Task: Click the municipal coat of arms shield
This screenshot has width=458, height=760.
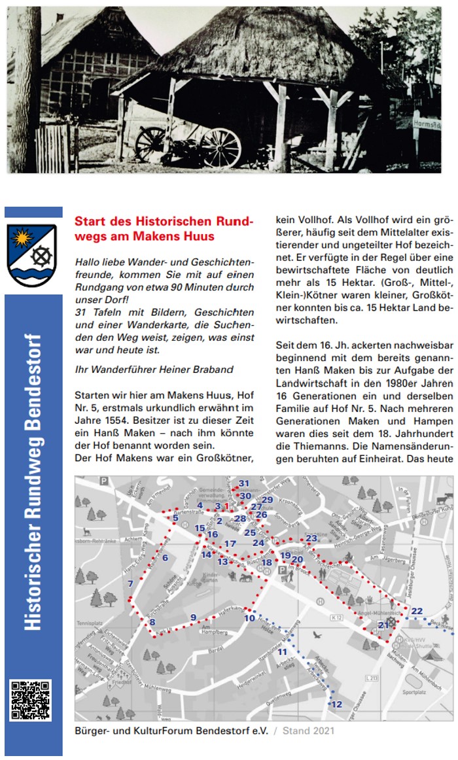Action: pyautogui.click(x=31, y=254)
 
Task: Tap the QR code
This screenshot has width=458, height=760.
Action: pyautogui.click(x=30, y=700)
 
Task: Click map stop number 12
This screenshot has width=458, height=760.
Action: pyautogui.click(x=336, y=704)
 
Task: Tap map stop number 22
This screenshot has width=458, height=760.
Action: pyautogui.click(x=417, y=611)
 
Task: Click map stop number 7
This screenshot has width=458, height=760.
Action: pyautogui.click(x=131, y=584)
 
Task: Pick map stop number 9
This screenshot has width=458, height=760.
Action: pyautogui.click(x=193, y=617)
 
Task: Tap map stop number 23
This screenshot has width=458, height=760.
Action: pyautogui.click(x=311, y=538)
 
